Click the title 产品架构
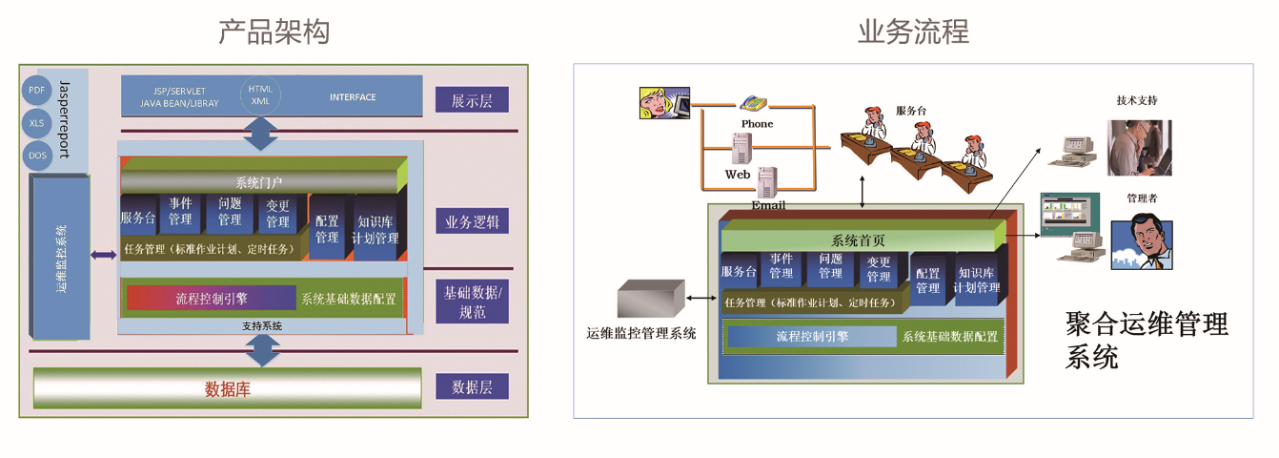[274, 31]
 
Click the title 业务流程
[913, 31]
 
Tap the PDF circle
[37, 90]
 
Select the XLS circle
[37, 122]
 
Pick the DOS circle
[37, 155]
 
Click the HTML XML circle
[260, 94]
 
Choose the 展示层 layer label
[472, 100]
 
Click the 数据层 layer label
[472, 386]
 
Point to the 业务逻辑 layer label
[472, 222]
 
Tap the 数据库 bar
[228, 389]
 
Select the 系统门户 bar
[259, 181]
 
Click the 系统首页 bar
[858, 239]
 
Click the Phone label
[757, 124]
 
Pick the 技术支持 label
[1137, 100]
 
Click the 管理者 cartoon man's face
[1141, 239]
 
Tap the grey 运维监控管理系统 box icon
[651, 299]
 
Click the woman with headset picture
[663, 103]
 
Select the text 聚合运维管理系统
[1147, 340]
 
